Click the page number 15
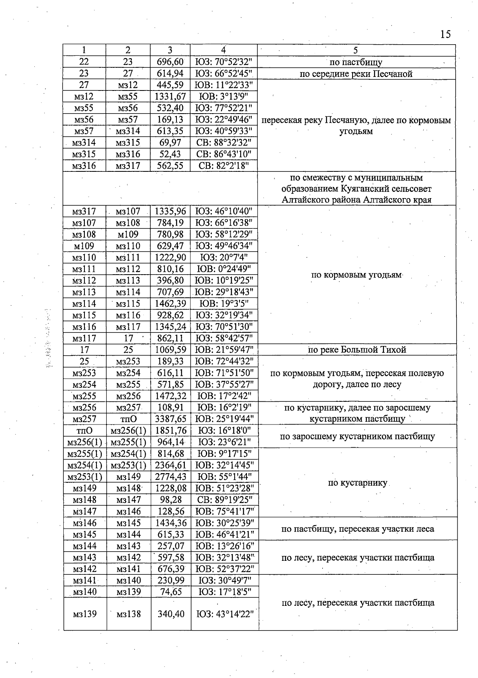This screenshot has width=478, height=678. click(445, 34)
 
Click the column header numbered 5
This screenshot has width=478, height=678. click(356, 50)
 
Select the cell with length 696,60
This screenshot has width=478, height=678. click(170, 62)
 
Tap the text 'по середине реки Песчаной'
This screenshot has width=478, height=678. click(356, 74)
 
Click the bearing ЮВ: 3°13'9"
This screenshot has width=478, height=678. click(223, 96)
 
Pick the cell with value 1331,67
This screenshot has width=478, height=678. click(170, 96)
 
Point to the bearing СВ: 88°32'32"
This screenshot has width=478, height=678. click(223, 143)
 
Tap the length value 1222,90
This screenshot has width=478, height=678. click(170, 257)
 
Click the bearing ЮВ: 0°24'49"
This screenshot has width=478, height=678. click(223, 269)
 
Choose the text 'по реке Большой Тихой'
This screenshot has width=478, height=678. click(357, 350)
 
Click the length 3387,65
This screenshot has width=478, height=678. click(170, 419)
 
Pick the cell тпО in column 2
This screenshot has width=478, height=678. click(128, 419)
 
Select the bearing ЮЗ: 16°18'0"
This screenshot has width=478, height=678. click(224, 430)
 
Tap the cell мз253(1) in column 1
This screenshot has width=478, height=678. click(84, 477)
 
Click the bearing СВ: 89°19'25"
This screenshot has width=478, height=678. click(224, 500)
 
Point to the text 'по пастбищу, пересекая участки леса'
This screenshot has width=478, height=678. click(357, 529)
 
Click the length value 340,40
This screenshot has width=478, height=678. click(171, 614)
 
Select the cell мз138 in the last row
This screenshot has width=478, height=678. click(129, 614)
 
